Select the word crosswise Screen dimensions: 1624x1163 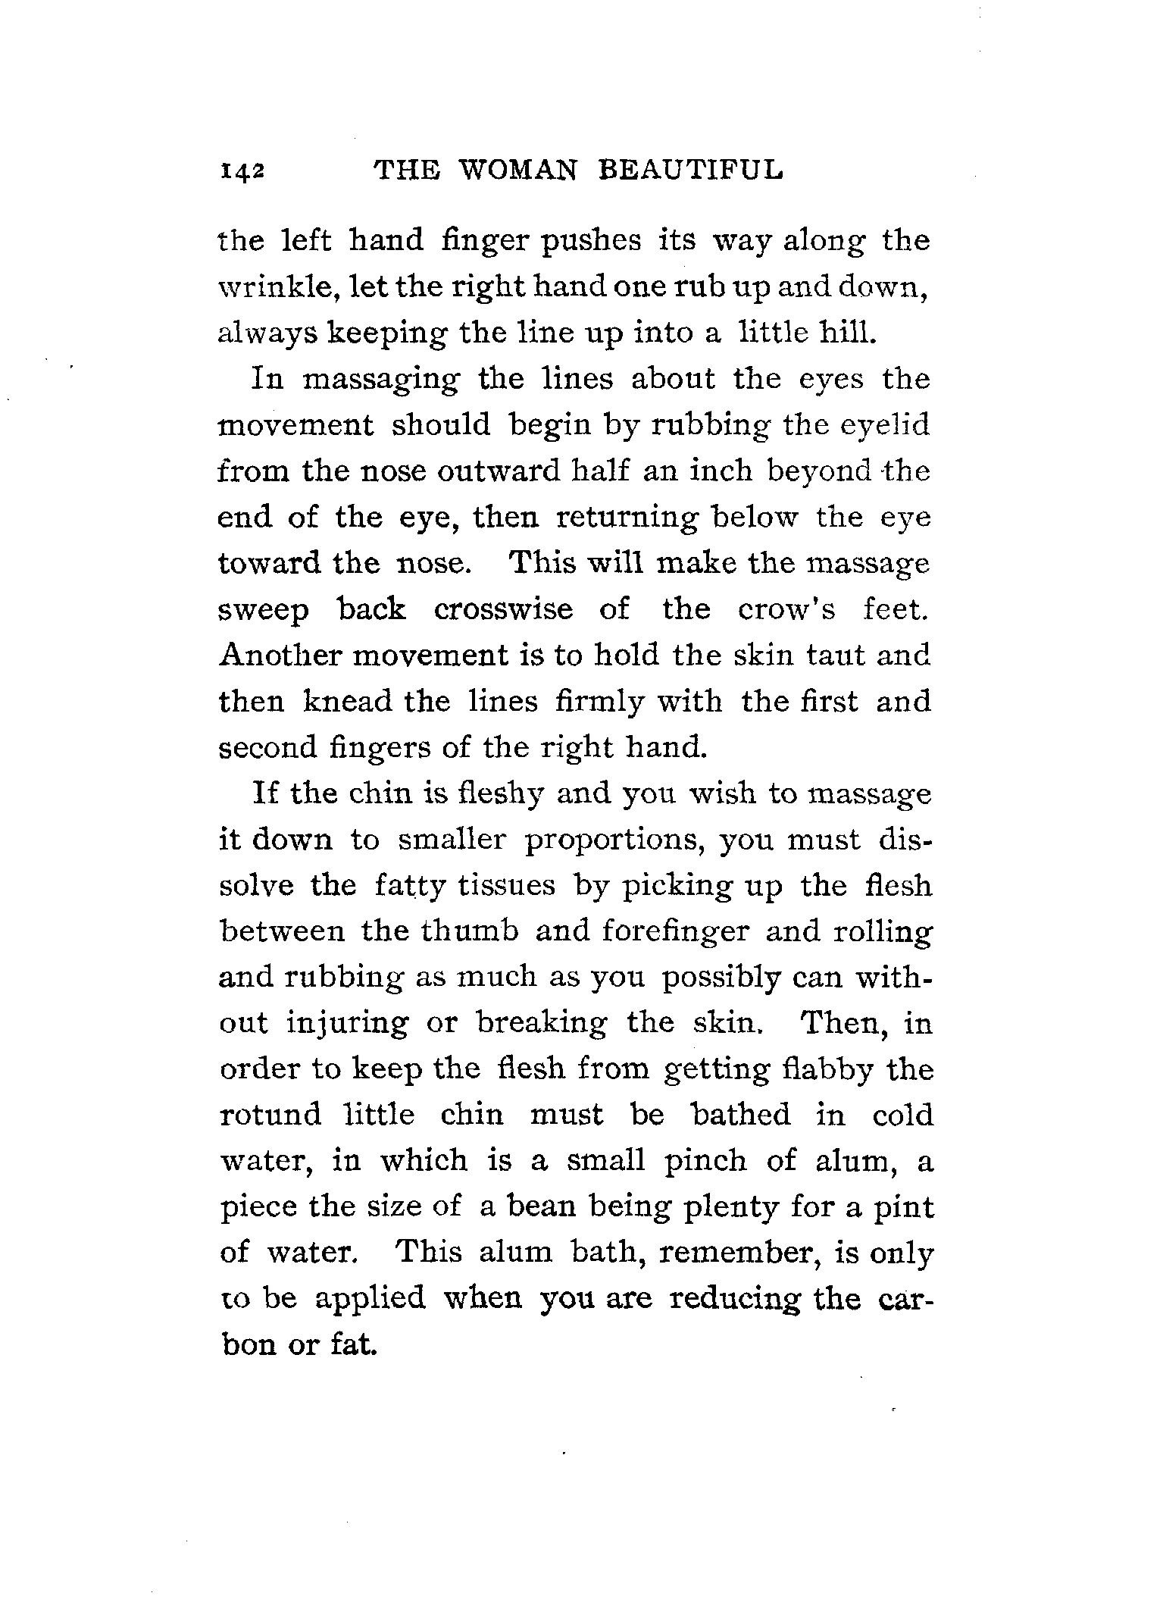(504, 609)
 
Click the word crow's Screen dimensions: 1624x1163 (786, 609)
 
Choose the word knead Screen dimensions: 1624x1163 (347, 702)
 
